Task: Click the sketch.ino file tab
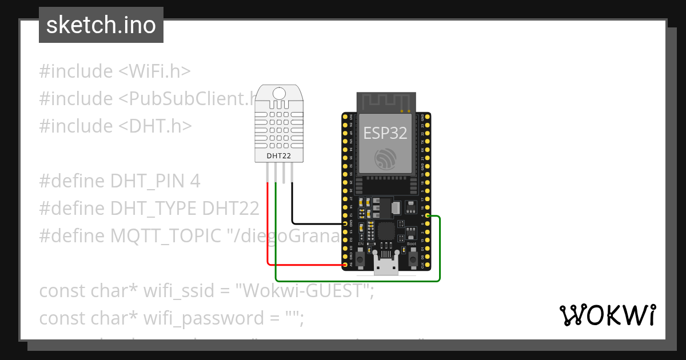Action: pyautogui.click(x=101, y=25)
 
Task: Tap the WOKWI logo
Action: pyautogui.click(x=607, y=315)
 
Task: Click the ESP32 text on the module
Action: pyautogui.click(x=385, y=133)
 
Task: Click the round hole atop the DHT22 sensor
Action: pyautogui.click(x=279, y=93)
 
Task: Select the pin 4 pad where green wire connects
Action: pyautogui.click(x=427, y=216)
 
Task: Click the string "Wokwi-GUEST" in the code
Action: pyautogui.click(x=302, y=291)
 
